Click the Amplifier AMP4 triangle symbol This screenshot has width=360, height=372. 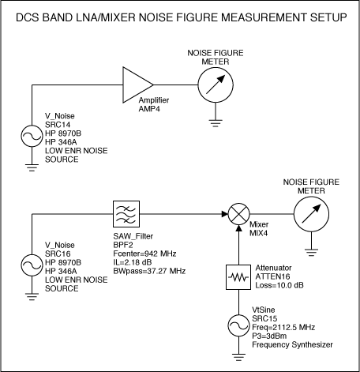click(137, 85)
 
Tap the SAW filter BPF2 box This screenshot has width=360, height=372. click(126, 214)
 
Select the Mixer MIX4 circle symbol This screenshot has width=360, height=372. click(238, 214)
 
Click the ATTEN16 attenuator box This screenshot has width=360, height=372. click(238, 277)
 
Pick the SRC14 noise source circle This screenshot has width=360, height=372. click(32, 136)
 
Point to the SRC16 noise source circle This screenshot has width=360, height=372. click(32, 265)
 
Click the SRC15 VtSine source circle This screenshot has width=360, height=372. click(238, 325)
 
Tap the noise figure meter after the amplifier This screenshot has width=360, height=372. click(216, 85)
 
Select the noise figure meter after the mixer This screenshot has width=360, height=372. click(311, 214)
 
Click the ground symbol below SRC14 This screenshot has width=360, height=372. click(32, 167)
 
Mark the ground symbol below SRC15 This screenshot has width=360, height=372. click(238, 357)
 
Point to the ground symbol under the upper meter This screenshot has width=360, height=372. click(216, 123)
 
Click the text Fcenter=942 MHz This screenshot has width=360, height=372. click(144, 254)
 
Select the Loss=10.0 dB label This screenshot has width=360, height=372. click(279, 285)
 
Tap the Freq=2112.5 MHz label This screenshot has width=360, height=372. click(283, 327)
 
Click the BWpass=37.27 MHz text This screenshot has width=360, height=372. click(149, 271)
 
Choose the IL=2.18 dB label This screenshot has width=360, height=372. click(133, 262)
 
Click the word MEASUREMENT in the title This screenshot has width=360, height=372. click(264, 17)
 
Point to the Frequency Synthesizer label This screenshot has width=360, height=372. click(292, 344)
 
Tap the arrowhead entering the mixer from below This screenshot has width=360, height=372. click(238, 228)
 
